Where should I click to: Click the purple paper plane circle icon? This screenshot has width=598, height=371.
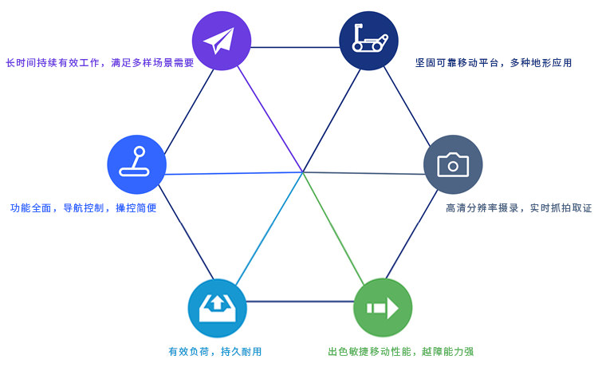[x=222, y=41]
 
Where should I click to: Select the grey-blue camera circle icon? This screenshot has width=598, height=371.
[x=453, y=164]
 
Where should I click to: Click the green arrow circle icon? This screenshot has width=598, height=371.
[x=383, y=306]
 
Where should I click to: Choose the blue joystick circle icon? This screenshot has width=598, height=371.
[x=136, y=164]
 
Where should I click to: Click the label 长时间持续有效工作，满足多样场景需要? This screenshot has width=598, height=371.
[x=100, y=62]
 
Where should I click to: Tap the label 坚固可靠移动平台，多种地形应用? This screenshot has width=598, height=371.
[x=494, y=62]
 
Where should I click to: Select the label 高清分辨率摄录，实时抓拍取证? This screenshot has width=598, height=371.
[x=518, y=207]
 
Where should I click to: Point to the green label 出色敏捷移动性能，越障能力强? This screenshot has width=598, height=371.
[x=401, y=351]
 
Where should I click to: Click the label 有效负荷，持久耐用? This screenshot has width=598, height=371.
[x=214, y=351]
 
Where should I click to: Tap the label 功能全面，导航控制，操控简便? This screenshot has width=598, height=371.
[x=84, y=207]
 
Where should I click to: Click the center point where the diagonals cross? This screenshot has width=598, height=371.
[x=302, y=171]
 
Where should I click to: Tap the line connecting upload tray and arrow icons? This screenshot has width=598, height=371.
[x=300, y=302]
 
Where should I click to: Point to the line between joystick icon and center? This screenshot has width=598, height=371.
[x=231, y=172]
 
